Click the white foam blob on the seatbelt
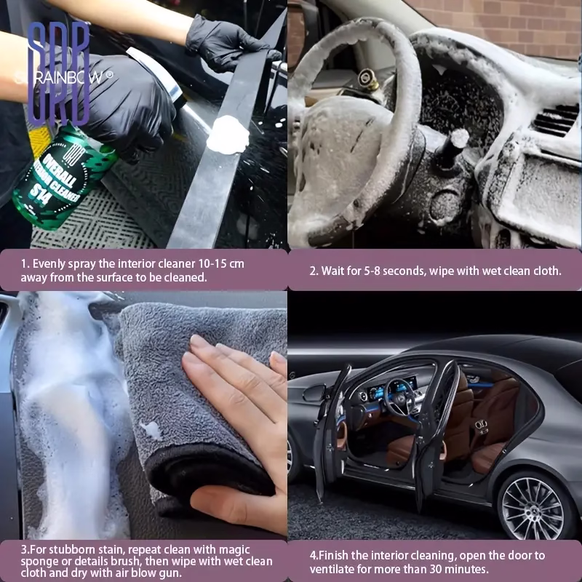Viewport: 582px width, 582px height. (228, 135)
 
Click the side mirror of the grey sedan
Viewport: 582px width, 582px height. (314, 393)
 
